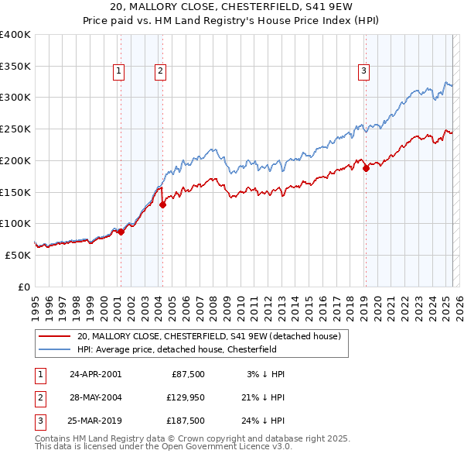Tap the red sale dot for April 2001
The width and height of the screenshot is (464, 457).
click(121, 232)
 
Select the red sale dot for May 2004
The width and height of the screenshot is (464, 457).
click(163, 205)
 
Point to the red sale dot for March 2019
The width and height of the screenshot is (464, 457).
click(366, 169)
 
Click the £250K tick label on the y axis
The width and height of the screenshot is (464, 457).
click(15, 129)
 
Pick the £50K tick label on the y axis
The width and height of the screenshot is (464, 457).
click(19, 255)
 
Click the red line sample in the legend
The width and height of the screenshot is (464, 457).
click(56, 336)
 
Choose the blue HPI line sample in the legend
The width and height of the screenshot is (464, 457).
click(56, 349)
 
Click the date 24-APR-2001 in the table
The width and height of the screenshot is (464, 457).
click(95, 373)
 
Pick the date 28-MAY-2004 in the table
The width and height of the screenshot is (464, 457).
click(95, 397)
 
